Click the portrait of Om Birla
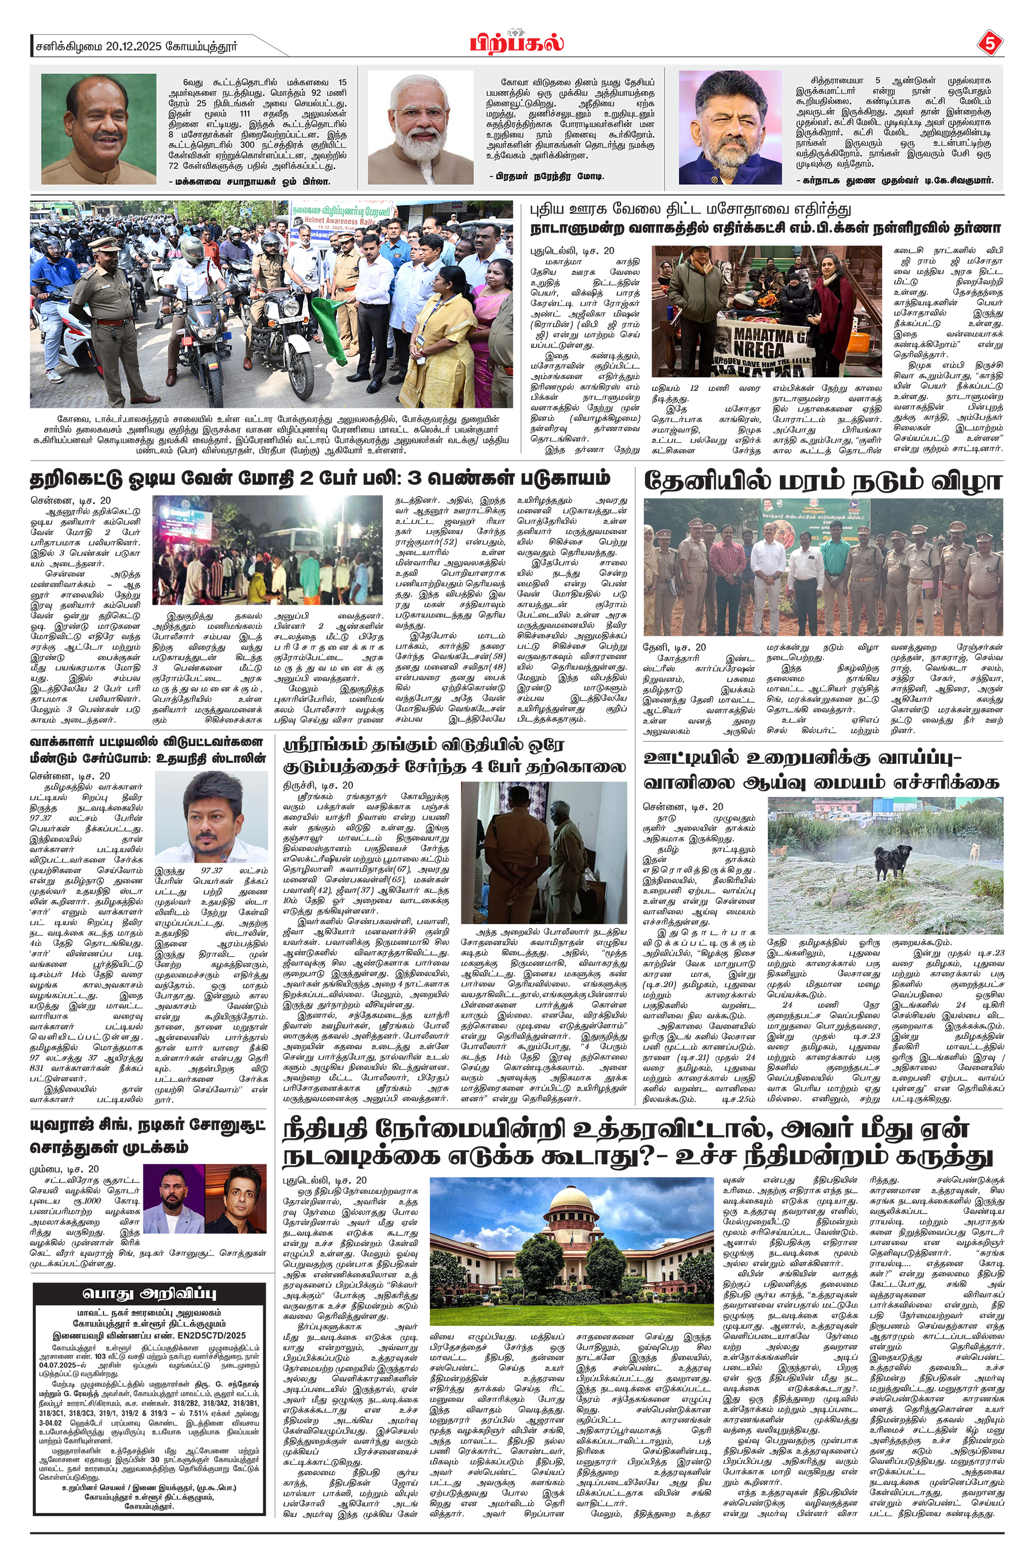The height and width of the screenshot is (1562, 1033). click(98, 129)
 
